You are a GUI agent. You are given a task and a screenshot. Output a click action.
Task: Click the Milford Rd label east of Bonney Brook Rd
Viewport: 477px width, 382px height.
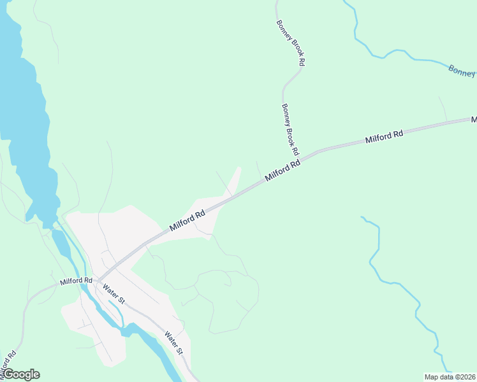click(385, 136)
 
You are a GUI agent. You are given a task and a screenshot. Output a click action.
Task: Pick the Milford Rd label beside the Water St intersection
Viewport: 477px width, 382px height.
click(76, 281)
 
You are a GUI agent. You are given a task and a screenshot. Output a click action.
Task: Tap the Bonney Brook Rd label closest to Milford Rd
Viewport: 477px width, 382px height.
click(290, 131)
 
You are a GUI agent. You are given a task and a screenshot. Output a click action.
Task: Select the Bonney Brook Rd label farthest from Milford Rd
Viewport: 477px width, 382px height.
click(291, 43)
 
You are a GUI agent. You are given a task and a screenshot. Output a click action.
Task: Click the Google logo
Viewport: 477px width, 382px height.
click(21, 374)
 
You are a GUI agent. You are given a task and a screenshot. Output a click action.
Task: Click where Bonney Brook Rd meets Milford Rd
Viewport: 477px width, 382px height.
click(302, 159)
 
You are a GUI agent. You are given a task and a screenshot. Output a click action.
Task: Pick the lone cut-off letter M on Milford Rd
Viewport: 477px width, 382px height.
click(474, 119)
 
